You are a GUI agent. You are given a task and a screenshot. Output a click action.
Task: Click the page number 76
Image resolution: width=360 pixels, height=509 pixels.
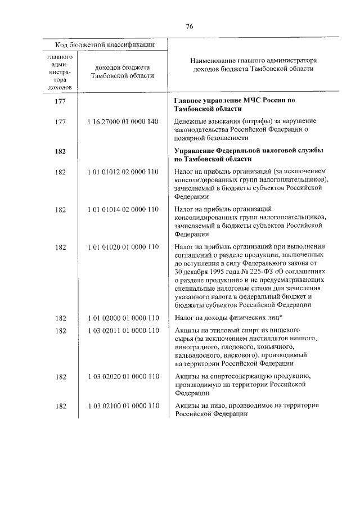[189, 25]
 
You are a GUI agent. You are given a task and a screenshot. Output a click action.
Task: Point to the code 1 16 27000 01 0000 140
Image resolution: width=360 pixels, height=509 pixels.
[123, 121]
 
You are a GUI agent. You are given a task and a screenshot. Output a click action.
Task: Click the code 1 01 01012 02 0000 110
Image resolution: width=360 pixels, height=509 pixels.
[123, 172]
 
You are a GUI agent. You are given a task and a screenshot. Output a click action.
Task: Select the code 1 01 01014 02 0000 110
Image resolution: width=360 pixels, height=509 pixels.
[123, 210]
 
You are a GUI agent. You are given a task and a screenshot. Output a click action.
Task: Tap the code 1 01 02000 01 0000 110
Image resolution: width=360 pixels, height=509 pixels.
[123, 318]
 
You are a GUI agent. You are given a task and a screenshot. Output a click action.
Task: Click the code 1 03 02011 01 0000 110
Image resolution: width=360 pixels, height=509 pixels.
[123, 330]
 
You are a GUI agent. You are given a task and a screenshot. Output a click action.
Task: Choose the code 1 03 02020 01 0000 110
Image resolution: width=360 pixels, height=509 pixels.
[123, 375]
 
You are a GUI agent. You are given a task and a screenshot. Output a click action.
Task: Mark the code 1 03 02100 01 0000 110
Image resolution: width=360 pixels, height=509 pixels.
[123, 406]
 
